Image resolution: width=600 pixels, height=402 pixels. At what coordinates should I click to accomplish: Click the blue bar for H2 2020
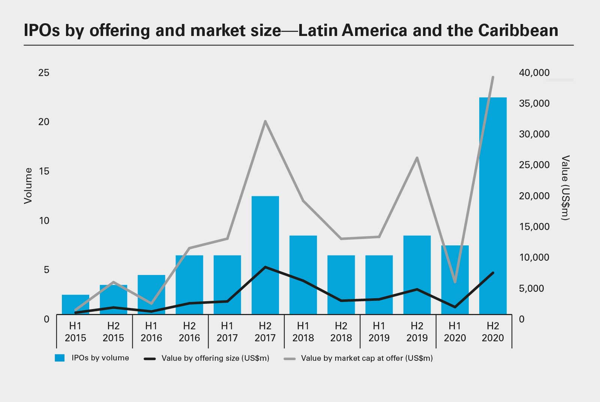(493, 206)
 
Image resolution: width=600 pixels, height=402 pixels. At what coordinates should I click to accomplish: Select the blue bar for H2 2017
(265, 255)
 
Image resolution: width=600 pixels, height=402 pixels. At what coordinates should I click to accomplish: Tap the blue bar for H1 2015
(75, 305)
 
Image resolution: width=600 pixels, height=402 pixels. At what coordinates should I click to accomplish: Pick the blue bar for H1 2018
(303, 275)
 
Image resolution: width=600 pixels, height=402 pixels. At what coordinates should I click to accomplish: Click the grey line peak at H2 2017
(265, 121)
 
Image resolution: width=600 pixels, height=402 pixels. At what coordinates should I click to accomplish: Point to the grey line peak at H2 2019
(417, 158)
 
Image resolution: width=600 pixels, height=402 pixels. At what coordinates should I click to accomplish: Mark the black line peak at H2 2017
(265, 267)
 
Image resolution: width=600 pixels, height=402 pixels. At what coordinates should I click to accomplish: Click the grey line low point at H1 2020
(455, 282)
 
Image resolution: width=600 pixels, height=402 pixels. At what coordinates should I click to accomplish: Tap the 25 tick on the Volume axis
(44, 73)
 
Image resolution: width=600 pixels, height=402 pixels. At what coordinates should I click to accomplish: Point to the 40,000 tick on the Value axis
(534, 73)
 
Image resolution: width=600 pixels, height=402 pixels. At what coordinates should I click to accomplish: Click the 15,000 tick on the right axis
(534, 227)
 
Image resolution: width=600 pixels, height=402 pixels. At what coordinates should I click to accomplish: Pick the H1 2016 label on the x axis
(151, 332)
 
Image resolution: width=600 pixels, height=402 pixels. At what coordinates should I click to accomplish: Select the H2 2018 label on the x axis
(341, 332)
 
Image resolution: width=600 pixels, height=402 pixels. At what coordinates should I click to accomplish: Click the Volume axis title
(28, 186)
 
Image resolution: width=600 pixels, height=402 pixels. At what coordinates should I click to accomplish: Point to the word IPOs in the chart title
(42, 30)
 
